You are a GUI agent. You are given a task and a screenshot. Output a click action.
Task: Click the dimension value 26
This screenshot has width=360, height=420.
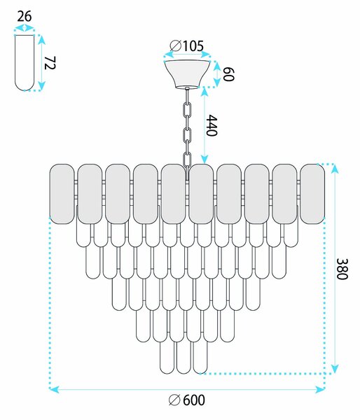pyautogui.click(x=25, y=16)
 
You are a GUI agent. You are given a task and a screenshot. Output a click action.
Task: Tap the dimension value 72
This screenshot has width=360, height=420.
pyautogui.click(x=49, y=63)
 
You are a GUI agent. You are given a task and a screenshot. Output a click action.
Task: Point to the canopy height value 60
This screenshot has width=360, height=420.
pyautogui.click(x=228, y=74)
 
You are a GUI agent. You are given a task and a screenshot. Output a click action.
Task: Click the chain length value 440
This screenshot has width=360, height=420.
pyautogui.click(x=212, y=125)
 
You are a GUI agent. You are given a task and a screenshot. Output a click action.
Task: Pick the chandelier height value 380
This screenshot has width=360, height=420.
pyautogui.click(x=342, y=269)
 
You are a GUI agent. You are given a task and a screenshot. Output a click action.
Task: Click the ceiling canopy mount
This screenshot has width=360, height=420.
pyautogui.click(x=188, y=74)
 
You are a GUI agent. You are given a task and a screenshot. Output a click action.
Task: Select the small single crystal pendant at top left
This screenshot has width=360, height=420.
pyautogui.click(x=25, y=63)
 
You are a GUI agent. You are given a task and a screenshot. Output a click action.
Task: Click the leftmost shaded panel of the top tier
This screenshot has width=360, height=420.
pyautogui.click(x=62, y=194)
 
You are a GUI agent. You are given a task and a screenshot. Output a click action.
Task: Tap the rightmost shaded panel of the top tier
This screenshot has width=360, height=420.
pyautogui.click(x=312, y=194)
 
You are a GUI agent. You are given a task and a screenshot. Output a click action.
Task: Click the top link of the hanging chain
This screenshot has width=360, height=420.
pyautogui.click(x=188, y=109)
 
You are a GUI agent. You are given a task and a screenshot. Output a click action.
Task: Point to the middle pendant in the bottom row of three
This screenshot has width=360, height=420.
pyautogui.click(x=184, y=358)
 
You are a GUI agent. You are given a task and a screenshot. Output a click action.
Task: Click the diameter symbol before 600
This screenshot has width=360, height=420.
pyautogui.click(x=174, y=400)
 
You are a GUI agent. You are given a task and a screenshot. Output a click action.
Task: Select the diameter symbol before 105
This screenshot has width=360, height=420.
pyautogui.click(x=176, y=45)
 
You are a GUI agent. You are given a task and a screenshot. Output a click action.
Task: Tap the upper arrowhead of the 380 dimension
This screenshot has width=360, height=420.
pyautogui.click(x=335, y=169)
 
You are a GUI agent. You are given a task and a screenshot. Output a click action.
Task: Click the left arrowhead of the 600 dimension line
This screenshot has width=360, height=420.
pyautogui.click(x=54, y=389)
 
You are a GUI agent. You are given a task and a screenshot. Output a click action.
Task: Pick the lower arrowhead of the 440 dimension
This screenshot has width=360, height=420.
pyautogui.click(x=205, y=159)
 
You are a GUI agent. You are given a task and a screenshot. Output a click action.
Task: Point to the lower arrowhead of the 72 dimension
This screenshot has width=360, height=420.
pyautogui.click(x=41, y=86)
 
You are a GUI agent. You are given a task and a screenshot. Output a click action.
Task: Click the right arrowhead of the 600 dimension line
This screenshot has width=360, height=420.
pyautogui.click(x=320, y=389)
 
